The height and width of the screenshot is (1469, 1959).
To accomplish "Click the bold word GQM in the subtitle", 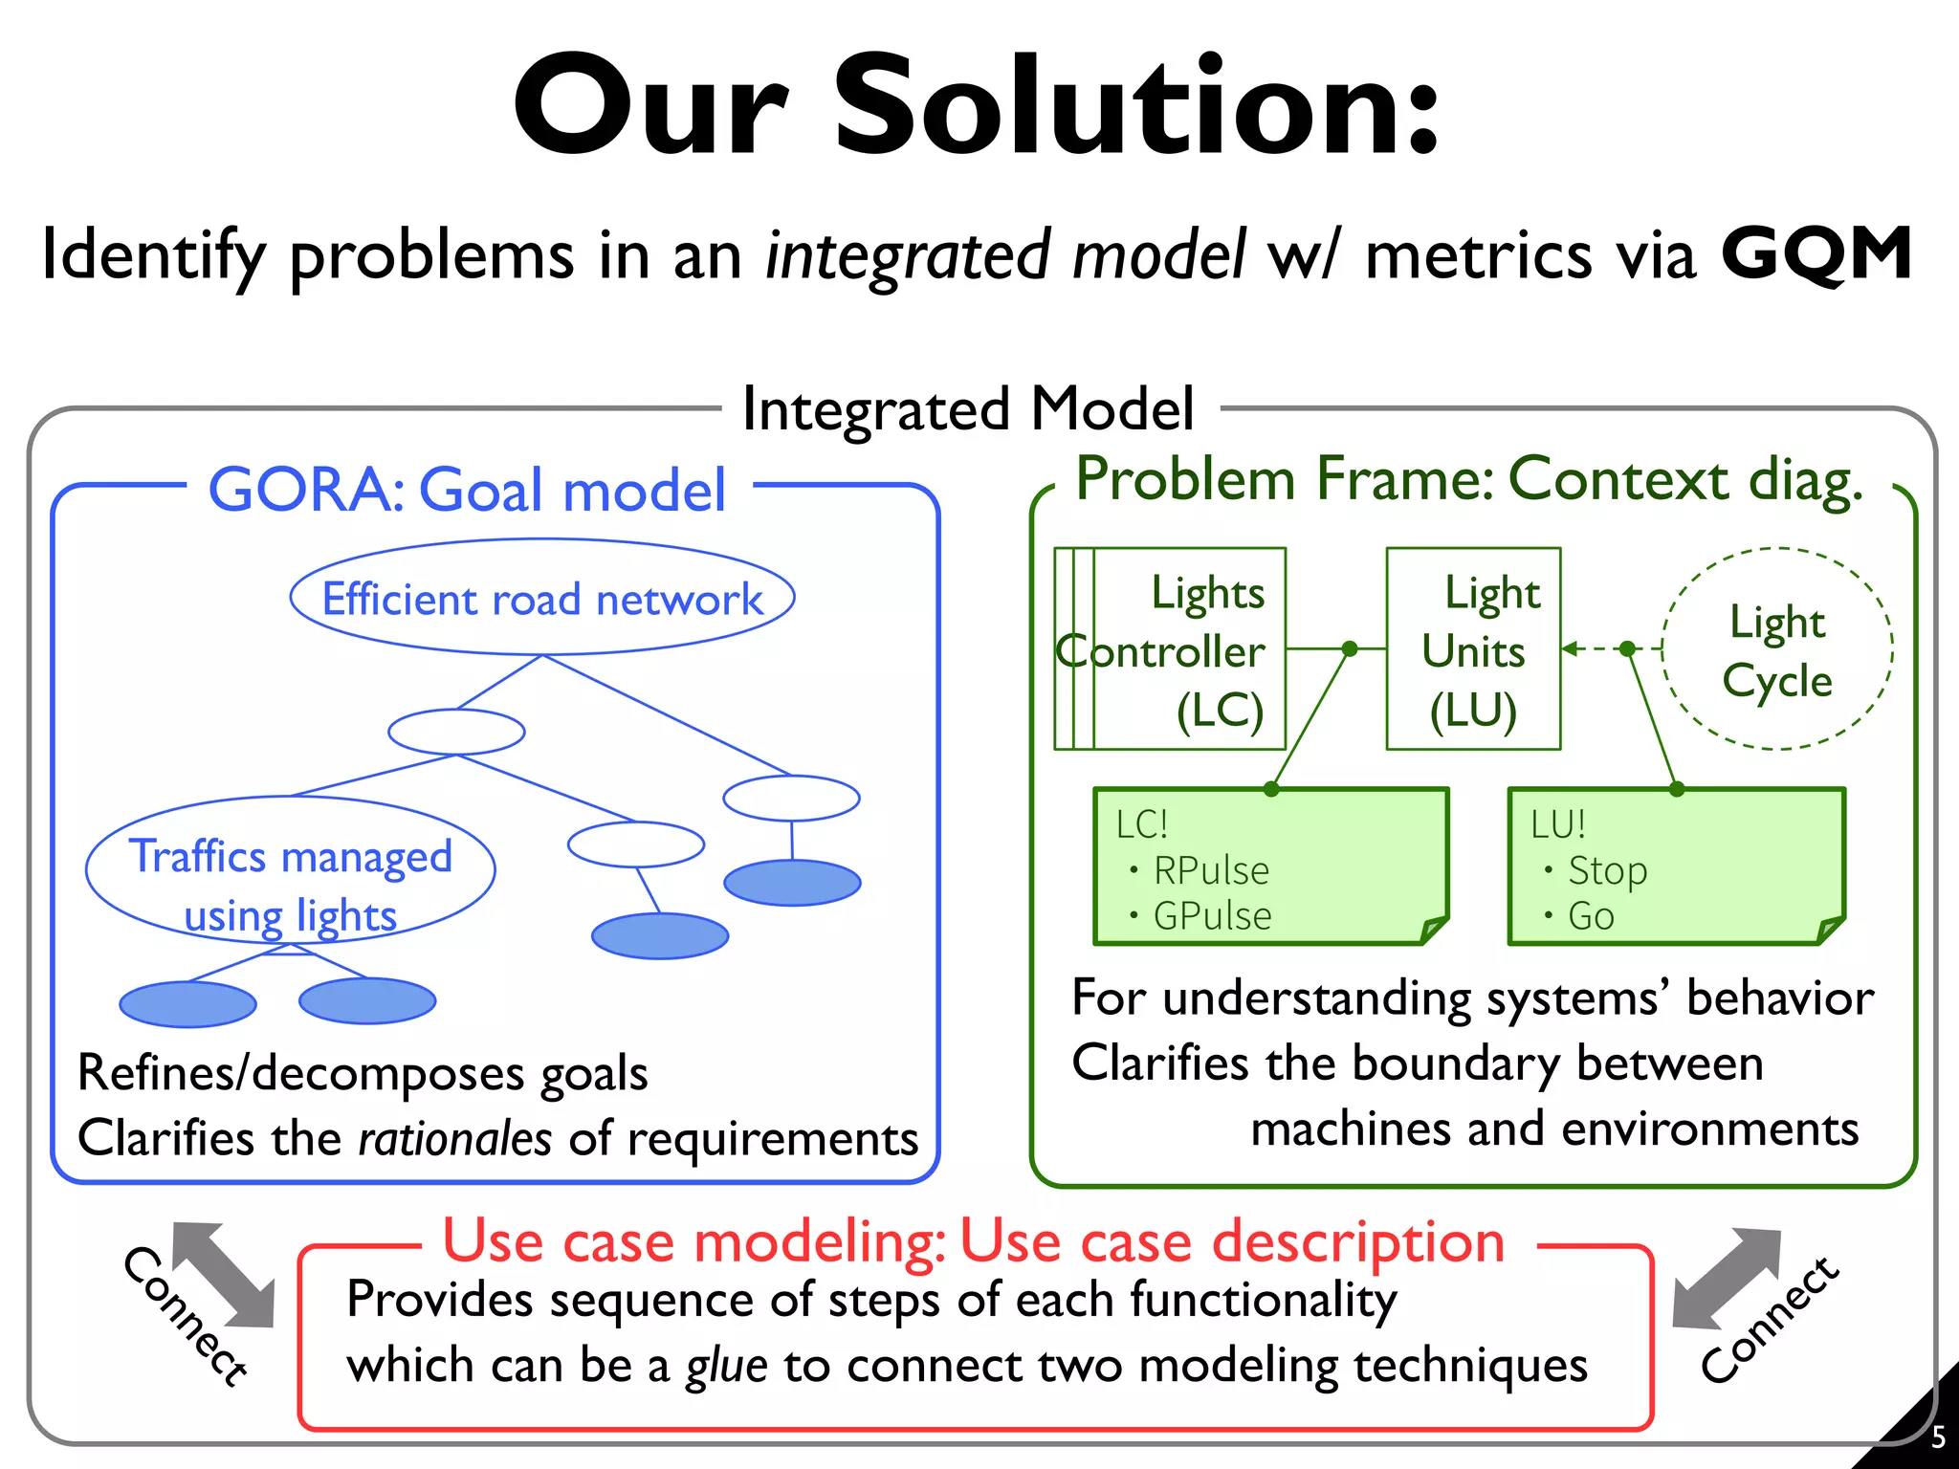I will click(x=1816, y=254).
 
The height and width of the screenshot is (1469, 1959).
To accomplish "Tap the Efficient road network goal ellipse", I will click(x=542, y=599).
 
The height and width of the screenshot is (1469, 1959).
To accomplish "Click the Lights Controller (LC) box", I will click(x=1171, y=649).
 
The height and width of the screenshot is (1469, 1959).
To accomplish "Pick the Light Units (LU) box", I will click(x=1473, y=649).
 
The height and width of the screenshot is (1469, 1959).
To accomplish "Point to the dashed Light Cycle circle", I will click(x=1777, y=649).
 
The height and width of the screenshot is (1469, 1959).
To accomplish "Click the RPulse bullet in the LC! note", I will click(x=1210, y=870).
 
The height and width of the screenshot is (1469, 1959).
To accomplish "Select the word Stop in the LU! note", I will click(x=1607, y=870).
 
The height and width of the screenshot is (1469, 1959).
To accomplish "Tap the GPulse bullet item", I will click(x=1212, y=916).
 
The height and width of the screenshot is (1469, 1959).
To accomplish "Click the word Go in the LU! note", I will click(x=1591, y=916).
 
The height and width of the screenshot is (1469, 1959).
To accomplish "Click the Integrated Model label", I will click(x=968, y=409).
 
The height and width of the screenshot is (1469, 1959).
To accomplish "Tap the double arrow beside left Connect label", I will click(x=224, y=1276).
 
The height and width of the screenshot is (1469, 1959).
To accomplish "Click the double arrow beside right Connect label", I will click(x=1728, y=1280).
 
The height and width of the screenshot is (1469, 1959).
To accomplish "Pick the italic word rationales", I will click(x=455, y=1139).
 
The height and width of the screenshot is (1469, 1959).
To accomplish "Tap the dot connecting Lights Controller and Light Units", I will click(x=1350, y=649).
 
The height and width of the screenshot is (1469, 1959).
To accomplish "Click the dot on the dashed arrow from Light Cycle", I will click(x=1628, y=649).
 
